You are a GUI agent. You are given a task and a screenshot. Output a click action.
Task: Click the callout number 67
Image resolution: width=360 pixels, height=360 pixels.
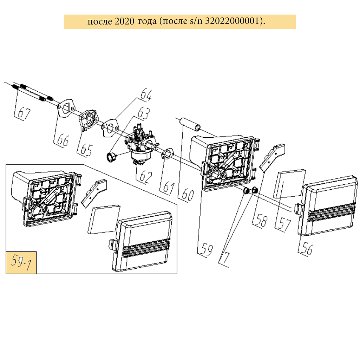(24, 113)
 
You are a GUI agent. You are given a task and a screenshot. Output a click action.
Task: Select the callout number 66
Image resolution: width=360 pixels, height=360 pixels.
(63, 140)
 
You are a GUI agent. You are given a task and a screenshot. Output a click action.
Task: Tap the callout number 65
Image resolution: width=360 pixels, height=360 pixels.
(86, 150)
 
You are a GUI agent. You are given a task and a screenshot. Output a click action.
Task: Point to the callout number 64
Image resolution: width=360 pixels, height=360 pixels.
(146, 94)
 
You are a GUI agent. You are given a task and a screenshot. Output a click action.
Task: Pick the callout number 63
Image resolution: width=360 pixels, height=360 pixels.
(144, 113)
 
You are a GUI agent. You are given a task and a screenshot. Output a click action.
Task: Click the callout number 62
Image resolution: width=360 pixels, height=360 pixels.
(146, 177)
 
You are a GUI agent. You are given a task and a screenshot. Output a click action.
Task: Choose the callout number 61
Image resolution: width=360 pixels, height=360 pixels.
(169, 188)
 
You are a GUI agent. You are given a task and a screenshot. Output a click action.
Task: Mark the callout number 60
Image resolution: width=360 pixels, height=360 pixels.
(188, 195)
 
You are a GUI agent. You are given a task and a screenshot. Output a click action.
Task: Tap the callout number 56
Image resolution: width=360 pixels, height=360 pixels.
(307, 249)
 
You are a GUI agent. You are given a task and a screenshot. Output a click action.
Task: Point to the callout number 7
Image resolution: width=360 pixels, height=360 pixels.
(226, 258)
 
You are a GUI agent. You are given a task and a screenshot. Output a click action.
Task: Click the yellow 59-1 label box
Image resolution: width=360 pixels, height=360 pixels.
(21, 263)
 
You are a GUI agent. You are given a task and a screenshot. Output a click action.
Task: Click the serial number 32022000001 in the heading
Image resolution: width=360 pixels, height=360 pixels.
(233, 21)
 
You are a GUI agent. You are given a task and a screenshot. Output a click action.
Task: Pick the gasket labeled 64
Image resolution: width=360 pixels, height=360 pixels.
(110, 127)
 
